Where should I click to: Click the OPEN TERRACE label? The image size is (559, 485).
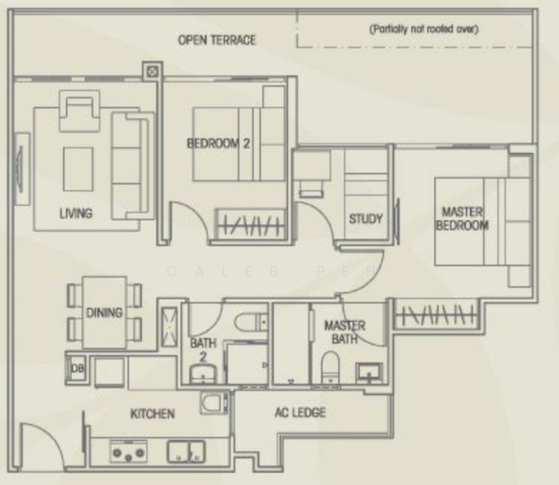(217, 40)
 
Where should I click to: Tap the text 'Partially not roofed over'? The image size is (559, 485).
(424, 29)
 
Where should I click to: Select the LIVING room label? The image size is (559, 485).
(75, 213)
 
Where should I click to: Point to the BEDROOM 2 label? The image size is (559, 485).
(218, 144)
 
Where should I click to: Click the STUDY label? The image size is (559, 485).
(365, 219)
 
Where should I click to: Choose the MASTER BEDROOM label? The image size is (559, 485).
(462, 219)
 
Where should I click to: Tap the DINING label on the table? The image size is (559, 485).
(105, 313)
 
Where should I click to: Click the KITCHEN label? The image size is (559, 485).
(152, 414)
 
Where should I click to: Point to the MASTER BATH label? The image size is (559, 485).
(344, 331)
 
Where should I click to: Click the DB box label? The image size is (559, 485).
(77, 368)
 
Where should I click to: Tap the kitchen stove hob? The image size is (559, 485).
(129, 451)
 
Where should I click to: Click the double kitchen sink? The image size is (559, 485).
(188, 450)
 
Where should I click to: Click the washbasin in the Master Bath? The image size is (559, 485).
(372, 373)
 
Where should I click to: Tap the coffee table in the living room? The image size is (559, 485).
(78, 165)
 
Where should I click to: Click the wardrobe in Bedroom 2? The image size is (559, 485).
(251, 224)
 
